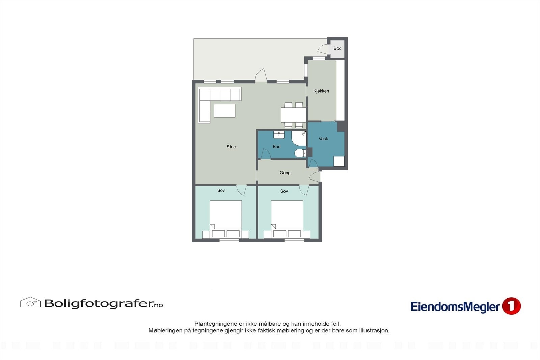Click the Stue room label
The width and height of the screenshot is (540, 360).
[x=231, y=147]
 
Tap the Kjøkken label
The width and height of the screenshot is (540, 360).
[x=321, y=91]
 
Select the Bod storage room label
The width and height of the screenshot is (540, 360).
[x=337, y=48]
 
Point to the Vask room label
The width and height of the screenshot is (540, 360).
[x=323, y=139]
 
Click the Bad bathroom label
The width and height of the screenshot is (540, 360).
[x=277, y=147]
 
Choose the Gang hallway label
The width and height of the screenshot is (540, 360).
[x=285, y=173]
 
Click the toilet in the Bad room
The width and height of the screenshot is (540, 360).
[x=300, y=153]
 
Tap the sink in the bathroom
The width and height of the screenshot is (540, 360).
[x=279, y=135]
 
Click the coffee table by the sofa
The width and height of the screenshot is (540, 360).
[x=224, y=111]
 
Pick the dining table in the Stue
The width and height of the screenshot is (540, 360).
[x=294, y=115]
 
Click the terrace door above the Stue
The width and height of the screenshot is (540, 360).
[x=261, y=76]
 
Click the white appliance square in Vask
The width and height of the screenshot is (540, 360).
[x=339, y=161]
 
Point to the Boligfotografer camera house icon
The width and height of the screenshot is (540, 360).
[x=30, y=302]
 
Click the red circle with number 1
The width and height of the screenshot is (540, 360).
[x=511, y=306]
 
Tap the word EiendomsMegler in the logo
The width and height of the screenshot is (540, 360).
[x=455, y=307]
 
